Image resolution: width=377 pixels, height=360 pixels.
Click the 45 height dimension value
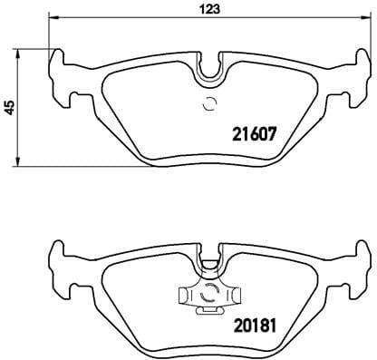9,107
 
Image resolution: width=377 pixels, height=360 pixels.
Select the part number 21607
248,133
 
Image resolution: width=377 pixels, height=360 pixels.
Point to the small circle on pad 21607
210,102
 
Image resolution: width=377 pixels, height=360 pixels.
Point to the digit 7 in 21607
270,133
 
